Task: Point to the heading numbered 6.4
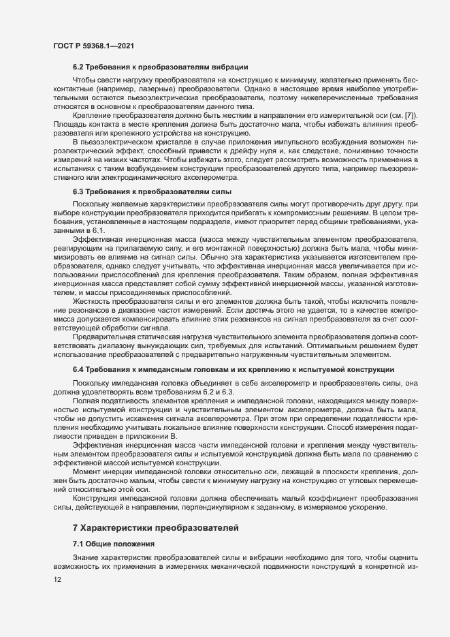(x=77, y=369)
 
